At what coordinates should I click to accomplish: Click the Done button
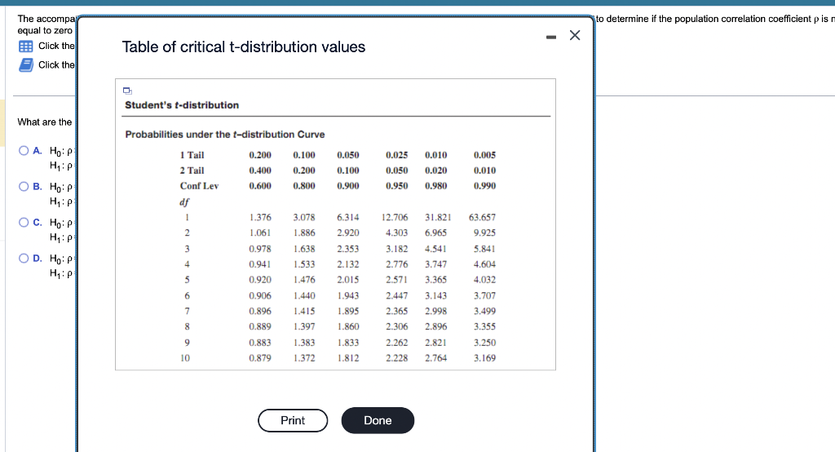(378, 420)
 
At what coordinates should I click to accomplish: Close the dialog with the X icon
(575, 35)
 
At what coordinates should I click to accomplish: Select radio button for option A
(24, 150)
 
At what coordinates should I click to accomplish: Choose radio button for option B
(24, 186)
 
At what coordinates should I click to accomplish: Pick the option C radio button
(24, 222)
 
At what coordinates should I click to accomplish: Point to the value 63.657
(482, 217)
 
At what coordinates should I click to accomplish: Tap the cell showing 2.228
(397, 357)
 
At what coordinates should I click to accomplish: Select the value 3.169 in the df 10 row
(484, 357)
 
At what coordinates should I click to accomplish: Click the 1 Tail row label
(192, 155)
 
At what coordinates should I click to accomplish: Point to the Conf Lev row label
(199, 186)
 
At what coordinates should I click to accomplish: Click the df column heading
(184, 202)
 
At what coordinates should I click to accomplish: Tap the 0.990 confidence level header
(484, 186)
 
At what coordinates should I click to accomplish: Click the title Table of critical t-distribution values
(244, 47)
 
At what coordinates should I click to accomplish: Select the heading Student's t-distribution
(182, 105)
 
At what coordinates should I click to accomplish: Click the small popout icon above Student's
(129, 91)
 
